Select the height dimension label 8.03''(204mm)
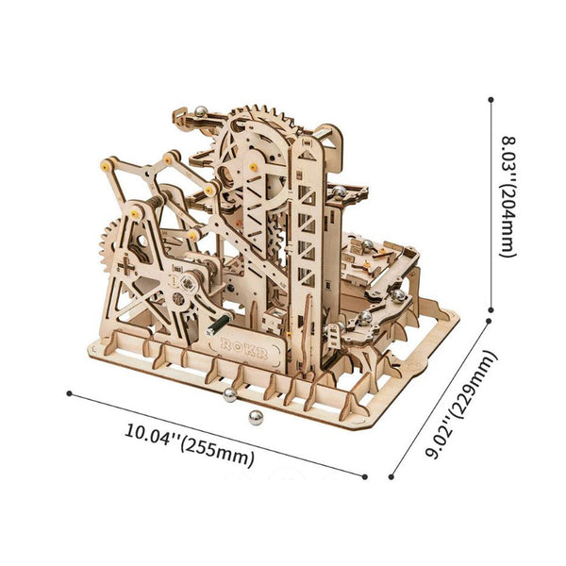(x=508, y=202)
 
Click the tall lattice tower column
(x=307, y=236)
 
